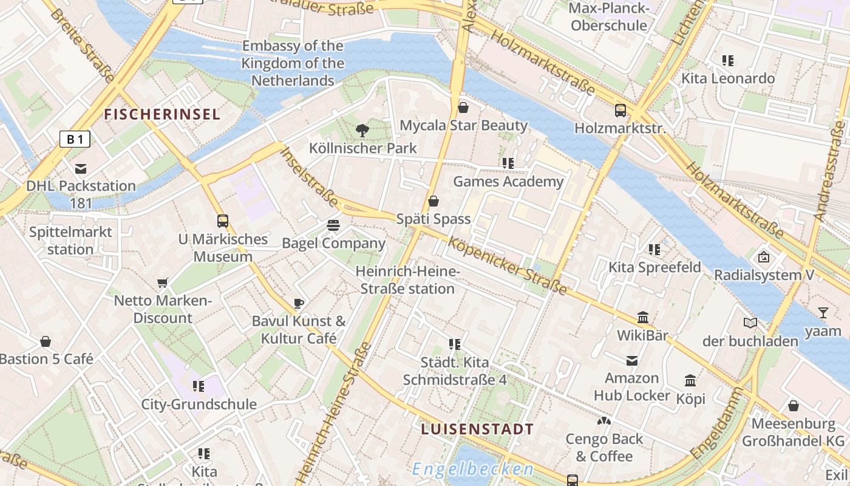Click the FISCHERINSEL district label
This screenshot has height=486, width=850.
click(x=162, y=114)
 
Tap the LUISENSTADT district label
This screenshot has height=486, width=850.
click(x=478, y=429)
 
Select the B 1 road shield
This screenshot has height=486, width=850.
click(x=75, y=140)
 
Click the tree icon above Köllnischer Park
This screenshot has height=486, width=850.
click(x=362, y=130)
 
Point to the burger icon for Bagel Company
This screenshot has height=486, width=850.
click(x=333, y=225)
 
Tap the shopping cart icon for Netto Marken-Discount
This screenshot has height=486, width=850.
click(x=162, y=282)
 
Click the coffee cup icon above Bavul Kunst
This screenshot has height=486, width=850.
click(x=298, y=303)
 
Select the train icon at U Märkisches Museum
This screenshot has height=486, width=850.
click(x=223, y=221)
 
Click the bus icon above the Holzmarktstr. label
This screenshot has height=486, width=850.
click(x=620, y=111)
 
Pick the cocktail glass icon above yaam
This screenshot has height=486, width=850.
click(x=823, y=313)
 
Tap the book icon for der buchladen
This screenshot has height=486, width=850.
click(x=750, y=323)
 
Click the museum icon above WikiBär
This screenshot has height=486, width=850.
click(x=643, y=317)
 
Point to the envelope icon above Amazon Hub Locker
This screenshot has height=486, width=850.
click(x=632, y=361)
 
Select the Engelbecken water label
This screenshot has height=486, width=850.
click(x=472, y=469)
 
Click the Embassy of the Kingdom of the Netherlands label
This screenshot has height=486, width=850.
click(x=293, y=63)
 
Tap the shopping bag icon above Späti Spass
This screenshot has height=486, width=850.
click(x=433, y=201)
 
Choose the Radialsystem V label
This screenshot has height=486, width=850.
click(x=764, y=275)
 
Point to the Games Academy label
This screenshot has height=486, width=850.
click(x=508, y=182)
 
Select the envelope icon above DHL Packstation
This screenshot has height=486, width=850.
click(x=81, y=169)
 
